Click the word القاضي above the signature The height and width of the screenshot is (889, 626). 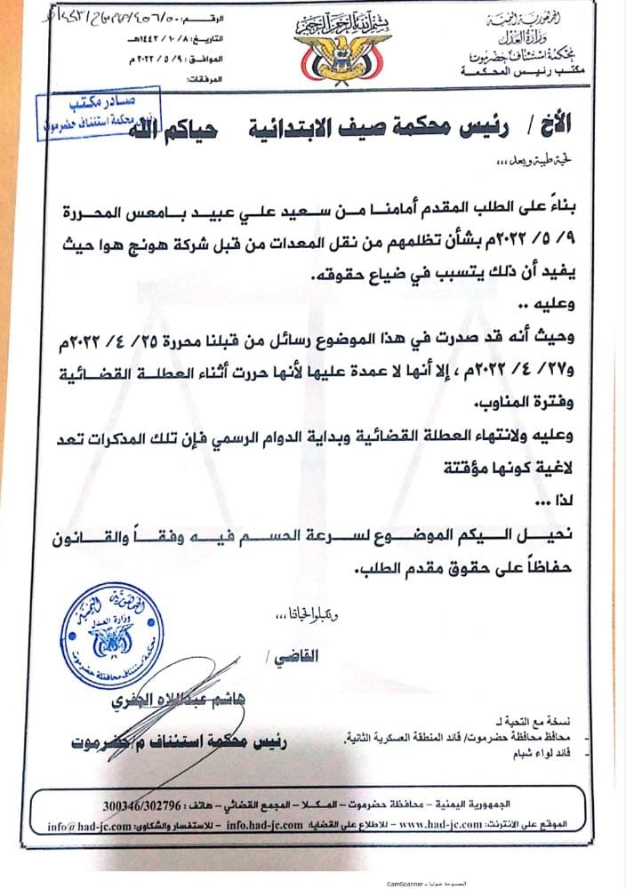(x=294, y=659)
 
